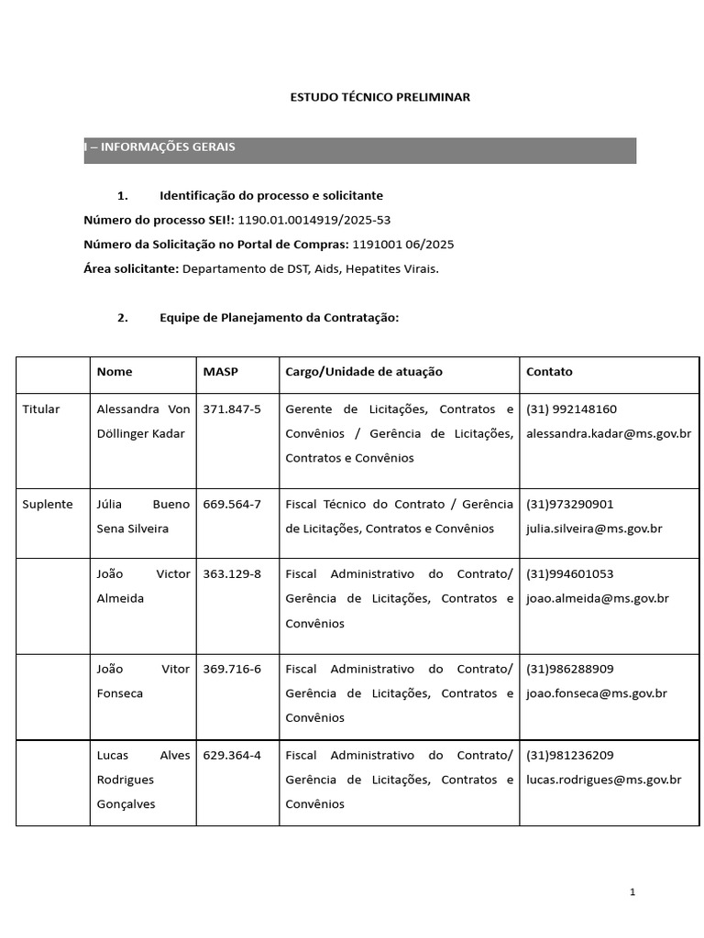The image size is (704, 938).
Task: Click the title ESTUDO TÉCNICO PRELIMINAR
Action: click(379, 97)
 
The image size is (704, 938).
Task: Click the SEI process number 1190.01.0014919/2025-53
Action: click(313, 220)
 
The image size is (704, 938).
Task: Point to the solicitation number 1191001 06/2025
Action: click(403, 245)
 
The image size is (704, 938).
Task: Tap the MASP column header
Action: click(220, 372)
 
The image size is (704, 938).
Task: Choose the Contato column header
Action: click(549, 372)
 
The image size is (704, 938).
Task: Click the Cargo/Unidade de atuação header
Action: click(364, 372)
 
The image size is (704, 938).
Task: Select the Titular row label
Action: click(41, 409)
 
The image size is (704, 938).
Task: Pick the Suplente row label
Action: click(48, 505)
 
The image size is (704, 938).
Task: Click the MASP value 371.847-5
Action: click(232, 409)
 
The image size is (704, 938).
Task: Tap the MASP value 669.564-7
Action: click(232, 505)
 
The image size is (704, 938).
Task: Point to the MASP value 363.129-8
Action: click(232, 574)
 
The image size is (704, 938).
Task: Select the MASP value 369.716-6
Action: click(232, 670)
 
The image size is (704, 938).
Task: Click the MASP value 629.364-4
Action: click(232, 756)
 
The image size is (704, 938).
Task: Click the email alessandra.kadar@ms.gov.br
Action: click(609, 434)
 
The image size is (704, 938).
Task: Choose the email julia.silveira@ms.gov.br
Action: click(594, 529)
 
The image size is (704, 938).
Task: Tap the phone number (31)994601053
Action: click(570, 574)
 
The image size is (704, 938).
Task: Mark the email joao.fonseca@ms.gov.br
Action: click(597, 694)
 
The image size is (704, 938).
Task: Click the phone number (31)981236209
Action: click(570, 756)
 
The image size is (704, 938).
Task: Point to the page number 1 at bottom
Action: click(632, 892)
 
